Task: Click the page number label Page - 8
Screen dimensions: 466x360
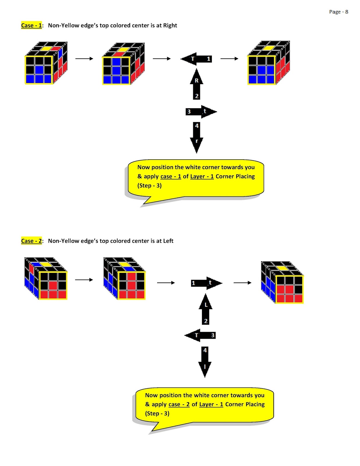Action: click(x=338, y=12)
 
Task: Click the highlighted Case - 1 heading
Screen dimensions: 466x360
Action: click(x=31, y=25)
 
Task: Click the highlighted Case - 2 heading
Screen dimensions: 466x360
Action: click(x=31, y=241)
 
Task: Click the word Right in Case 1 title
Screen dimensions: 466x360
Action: click(x=170, y=25)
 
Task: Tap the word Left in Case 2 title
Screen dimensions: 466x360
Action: click(x=168, y=241)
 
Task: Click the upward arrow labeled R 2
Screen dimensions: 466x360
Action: click(x=197, y=84)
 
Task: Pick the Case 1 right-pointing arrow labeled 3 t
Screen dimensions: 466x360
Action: click(x=201, y=112)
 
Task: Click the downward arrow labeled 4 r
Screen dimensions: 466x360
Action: click(x=197, y=137)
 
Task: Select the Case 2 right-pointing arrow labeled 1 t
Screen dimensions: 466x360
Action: click(x=206, y=283)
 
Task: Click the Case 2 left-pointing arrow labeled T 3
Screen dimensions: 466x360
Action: click(x=201, y=335)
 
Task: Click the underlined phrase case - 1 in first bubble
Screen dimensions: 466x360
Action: click(x=171, y=176)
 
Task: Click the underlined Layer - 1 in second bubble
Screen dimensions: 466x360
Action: click(x=211, y=404)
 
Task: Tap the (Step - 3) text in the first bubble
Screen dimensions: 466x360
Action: click(x=149, y=186)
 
